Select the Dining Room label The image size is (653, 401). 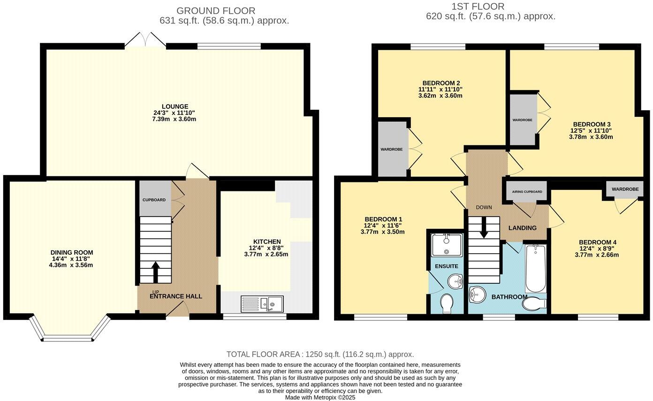click(x=72, y=253)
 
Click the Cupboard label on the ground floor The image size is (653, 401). click(x=154, y=200)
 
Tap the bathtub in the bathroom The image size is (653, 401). click(x=535, y=268)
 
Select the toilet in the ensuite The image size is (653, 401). click(x=447, y=303)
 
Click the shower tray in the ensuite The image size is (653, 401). click(x=447, y=245)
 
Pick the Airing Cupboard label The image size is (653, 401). click(x=527, y=192)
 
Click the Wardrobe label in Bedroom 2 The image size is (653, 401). click(x=391, y=149)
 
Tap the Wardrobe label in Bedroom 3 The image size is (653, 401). click(x=522, y=120)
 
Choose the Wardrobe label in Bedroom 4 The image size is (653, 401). click(x=625, y=189)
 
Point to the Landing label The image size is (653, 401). click(x=523, y=228)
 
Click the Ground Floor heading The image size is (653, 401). click(x=216, y=10)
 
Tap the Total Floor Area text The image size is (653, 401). click(x=320, y=355)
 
